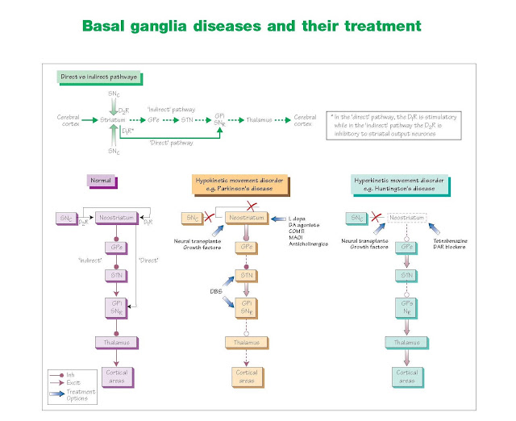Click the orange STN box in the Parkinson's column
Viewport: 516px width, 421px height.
pos(245,277)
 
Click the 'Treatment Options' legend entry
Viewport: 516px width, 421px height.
pos(79,392)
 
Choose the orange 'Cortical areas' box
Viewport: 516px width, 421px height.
pos(245,375)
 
